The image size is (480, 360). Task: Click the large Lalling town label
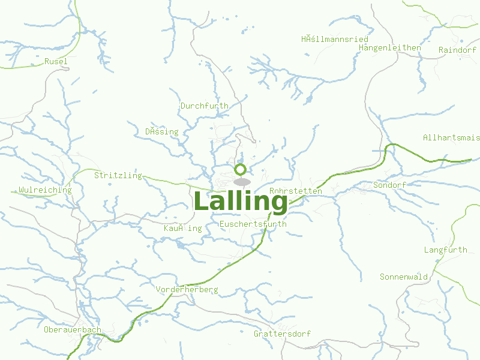tap(241, 202)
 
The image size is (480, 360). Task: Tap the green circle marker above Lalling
tap(241, 169)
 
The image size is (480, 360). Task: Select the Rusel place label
tap(56, 61)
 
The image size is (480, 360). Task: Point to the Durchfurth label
tap(204, 106)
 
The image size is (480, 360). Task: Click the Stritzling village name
tap(118, 175)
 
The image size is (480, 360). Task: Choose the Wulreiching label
tap(45, 190)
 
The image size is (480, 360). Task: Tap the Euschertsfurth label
tap(253, 224)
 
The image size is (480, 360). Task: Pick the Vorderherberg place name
tap(187, 289)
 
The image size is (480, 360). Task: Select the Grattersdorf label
tap(282, 333)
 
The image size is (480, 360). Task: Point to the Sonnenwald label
tap(404, 277)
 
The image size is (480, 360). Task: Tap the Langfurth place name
tap(445, 250)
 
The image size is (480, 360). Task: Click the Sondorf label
tap(389, 185)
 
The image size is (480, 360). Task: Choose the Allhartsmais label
tap(451, 137)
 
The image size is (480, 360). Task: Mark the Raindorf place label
tap(457, 50)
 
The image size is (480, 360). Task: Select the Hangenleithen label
tap(389, 47)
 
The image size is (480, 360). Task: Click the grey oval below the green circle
tap(241, 182)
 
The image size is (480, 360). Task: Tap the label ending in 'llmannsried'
tap(335, 39)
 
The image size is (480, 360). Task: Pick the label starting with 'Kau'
tap(182, 228)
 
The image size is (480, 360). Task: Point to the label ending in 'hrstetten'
tap(296, 191)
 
